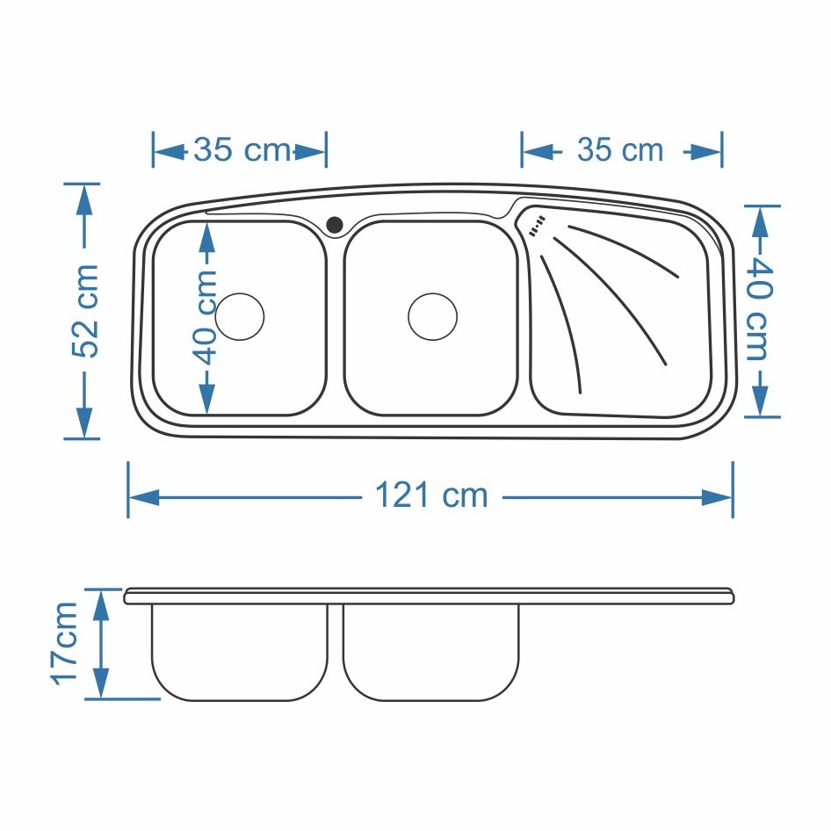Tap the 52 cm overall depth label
click(85, 311)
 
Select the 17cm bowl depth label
click(65, 643)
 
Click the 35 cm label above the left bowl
click(242, 149)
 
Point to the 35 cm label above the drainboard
click(620, 149)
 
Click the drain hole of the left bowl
click(240, 316)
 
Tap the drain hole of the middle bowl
click(432, 316)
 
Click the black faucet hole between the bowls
click(335, 225)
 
